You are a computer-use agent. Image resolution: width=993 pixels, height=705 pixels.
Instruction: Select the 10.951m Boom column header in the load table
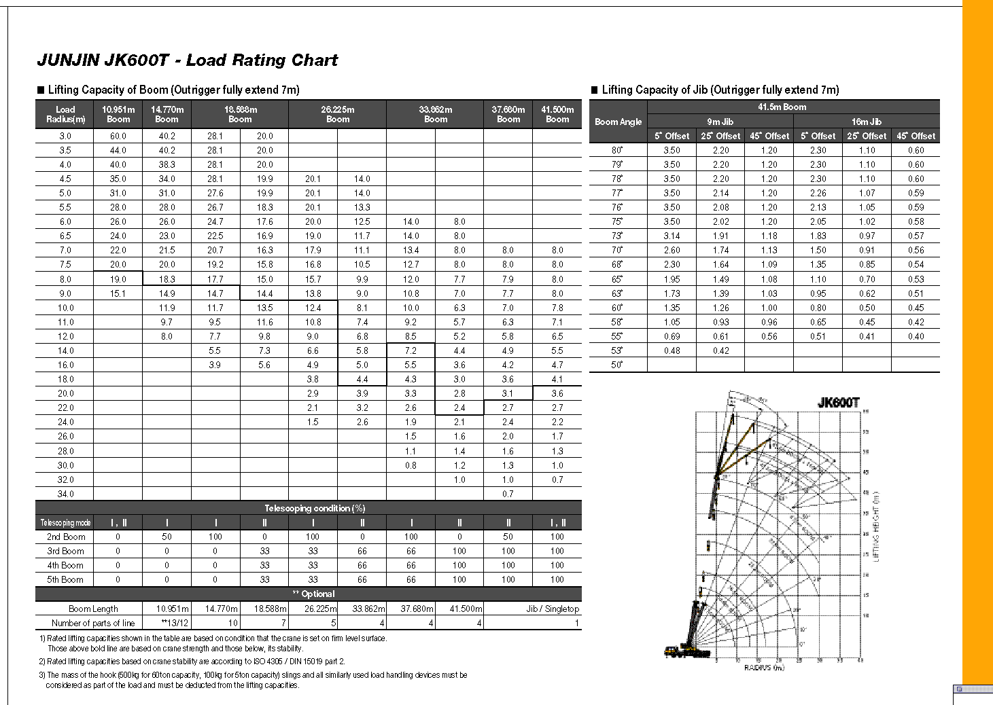tap(118, 114)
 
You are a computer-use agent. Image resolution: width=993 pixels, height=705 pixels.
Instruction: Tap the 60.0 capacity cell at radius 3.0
tap(118, 136)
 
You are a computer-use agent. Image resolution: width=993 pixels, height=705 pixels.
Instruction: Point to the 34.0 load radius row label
tap(65, 494)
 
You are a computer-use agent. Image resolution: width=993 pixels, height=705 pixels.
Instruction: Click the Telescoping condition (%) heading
tap(308, 508)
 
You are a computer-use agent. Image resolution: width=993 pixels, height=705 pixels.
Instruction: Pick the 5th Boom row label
tap(65, 579)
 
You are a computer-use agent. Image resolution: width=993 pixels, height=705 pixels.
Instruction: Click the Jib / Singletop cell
tap(553, 609)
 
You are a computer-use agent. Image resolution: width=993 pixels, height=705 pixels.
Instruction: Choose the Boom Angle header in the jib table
tap(618, 122)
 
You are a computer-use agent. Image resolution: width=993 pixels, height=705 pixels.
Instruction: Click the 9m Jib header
tap(720, 122)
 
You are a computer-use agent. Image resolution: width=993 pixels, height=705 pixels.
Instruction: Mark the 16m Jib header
tap(867, 122)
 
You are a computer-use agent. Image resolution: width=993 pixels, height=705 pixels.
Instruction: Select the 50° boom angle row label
tap(617, 365)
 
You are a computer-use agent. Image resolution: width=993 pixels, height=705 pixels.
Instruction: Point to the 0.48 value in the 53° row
tap(672, 350)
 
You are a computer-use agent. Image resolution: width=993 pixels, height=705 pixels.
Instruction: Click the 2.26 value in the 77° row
tap(818, 193)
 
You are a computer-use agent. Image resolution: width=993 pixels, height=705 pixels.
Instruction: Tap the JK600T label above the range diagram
tap(838, 402)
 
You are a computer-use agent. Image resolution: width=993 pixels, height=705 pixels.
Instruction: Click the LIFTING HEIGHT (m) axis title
tap(876, 526)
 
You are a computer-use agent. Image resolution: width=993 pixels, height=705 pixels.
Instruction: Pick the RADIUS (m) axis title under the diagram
tap(764, 668)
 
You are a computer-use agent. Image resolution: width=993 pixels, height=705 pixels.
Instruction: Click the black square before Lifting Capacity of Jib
tap(595, 90)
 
